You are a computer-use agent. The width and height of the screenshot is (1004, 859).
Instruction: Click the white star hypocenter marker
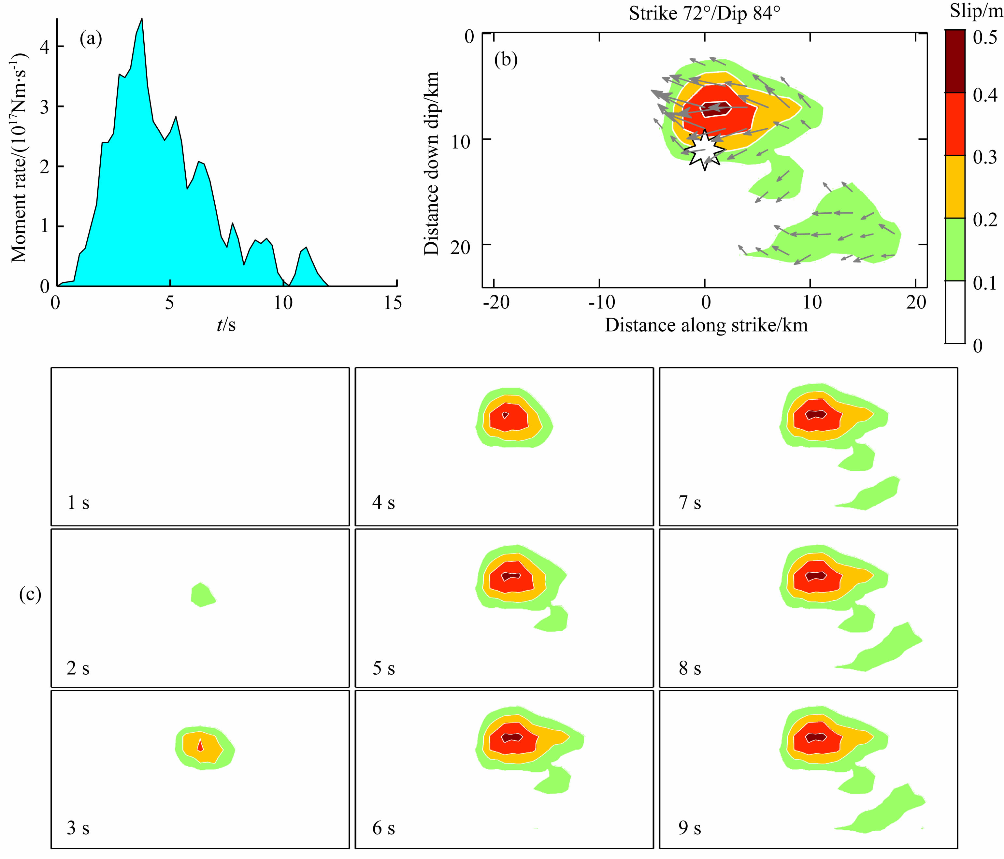point(705,150)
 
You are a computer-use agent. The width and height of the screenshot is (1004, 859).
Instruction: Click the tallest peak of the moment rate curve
point(141,19)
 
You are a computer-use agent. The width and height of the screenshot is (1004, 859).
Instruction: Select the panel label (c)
point(30,594)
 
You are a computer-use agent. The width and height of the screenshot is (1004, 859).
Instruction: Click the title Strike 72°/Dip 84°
point(705,13)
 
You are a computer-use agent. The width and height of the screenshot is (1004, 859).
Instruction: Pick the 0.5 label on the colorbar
point(985,38)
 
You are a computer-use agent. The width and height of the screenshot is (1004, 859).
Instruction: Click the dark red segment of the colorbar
point(955,61)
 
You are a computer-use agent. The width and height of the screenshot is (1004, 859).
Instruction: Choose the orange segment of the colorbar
point(955,187)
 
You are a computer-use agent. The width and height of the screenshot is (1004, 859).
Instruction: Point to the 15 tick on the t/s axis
point(393,303)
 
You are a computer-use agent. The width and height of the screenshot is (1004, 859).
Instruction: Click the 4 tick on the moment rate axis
point(45,47)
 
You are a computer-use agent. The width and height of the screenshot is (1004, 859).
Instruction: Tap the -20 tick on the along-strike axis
point(496,302)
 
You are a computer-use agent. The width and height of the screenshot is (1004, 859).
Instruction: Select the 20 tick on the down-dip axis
point(460,247)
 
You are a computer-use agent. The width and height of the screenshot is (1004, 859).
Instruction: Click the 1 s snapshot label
point(78,503)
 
